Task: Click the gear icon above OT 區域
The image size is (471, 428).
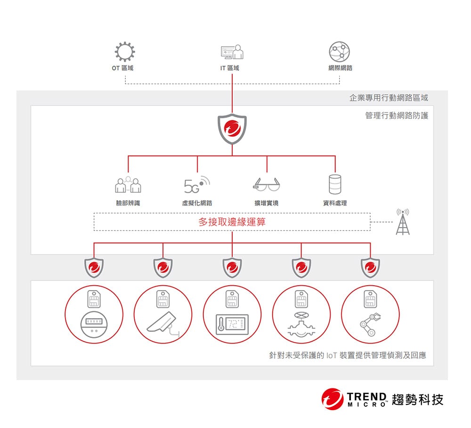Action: (x=125, y=52)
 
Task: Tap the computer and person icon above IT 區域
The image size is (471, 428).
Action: (x=232, y=52)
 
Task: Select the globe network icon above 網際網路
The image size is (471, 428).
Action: (x=340, y=52)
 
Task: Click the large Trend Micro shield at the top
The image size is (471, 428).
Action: (x=232, y=129)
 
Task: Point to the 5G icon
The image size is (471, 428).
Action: (x=197, y=185)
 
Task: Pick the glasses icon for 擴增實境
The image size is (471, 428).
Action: (x=267, y=184)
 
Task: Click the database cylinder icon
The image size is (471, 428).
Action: (x=335, y=184)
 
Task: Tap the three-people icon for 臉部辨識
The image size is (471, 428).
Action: (x=128, y=184)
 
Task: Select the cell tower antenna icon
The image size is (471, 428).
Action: (x=403, y=222)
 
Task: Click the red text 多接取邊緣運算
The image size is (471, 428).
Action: (x=232, y=222)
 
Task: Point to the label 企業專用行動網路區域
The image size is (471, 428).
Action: (x=389, y=98)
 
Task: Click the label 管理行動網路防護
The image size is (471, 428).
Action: (x=397, y=115)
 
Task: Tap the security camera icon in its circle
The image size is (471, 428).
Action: (x=163, y=325)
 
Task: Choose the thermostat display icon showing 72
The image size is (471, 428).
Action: (x=232, y=325)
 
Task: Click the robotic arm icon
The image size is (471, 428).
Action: (x=370, y=324)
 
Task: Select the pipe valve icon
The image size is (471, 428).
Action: (x=301, y=325)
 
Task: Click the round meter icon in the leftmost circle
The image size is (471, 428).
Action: (x=94, y=325)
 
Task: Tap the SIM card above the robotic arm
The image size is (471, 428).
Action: (x=370, y=299)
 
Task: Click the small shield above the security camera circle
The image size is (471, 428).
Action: (x=163, y=268)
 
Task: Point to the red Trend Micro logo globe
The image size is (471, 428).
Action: (x=333, y=399)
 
